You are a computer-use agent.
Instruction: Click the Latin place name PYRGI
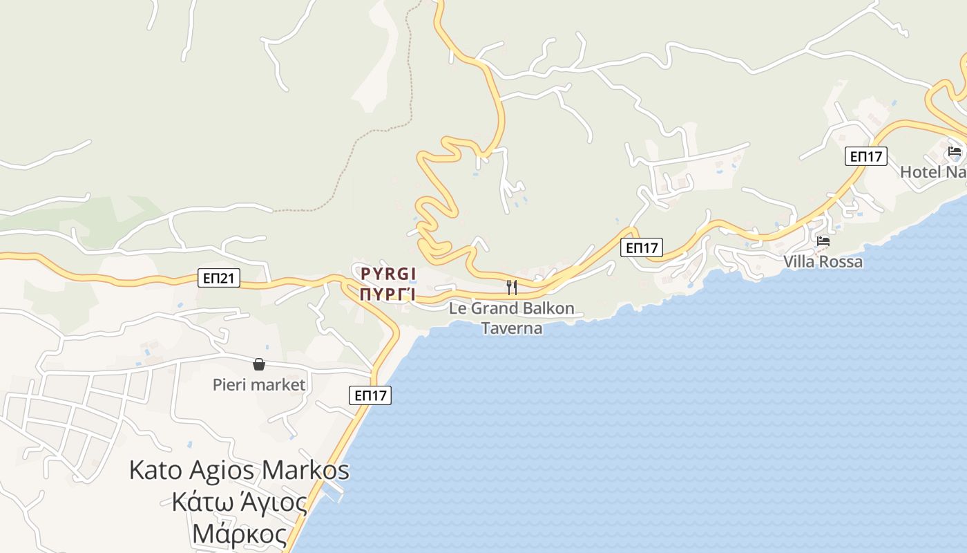388,273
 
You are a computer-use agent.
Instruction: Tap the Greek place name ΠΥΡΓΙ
387,294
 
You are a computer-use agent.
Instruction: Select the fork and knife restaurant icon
512,287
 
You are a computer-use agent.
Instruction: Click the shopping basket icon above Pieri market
259,364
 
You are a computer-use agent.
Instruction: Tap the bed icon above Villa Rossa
823,241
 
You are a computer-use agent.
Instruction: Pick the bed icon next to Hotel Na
955,151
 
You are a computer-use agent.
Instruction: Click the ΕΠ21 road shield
219,279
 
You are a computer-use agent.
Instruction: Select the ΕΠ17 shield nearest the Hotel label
865,156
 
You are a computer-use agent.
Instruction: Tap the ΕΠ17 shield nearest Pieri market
370,395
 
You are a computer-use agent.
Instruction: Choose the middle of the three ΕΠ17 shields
641,247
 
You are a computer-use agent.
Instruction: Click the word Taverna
512,328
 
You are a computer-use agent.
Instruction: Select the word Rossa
840,262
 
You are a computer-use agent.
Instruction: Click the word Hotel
920,171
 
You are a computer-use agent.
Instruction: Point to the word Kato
155,471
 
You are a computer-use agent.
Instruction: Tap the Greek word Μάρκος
239,534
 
